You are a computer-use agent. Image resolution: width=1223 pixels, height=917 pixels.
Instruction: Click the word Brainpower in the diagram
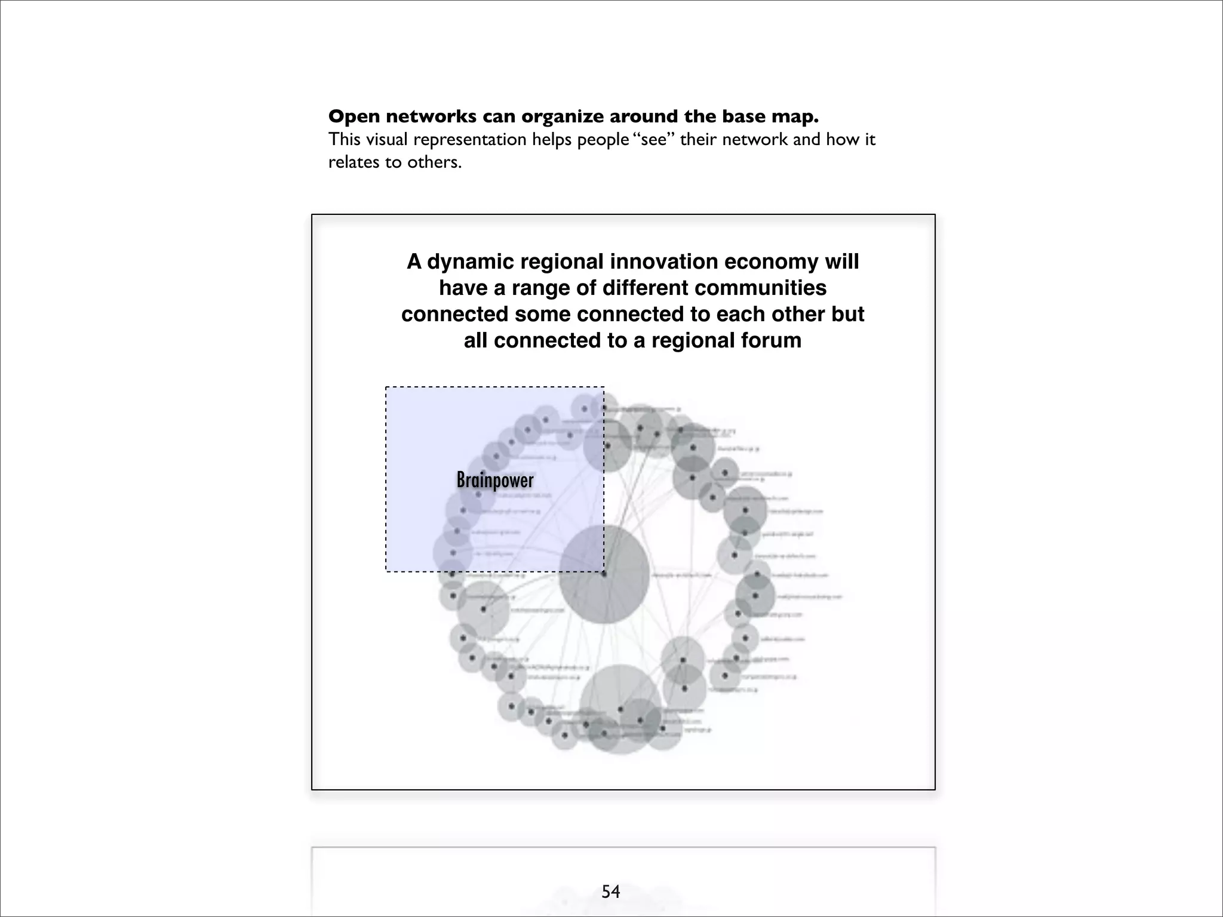coord(494,480)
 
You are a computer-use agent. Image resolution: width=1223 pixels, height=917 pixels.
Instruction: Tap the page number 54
coord(611,891)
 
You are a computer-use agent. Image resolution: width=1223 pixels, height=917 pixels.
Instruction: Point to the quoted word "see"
coord(653,140)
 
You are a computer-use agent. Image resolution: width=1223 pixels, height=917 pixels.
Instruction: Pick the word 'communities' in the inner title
coord(760,288)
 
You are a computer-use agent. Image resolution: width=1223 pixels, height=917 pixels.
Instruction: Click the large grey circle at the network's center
coord(604,574)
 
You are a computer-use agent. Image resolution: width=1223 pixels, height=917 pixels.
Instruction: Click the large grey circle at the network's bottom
coord(620,709)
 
